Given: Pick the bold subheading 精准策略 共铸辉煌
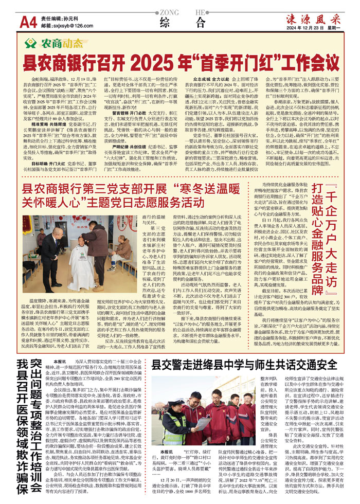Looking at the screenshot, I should (44, 110).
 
